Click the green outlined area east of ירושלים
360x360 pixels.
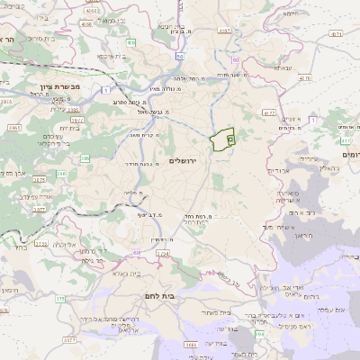(x=222, y=139)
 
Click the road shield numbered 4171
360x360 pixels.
(x=336, y=34)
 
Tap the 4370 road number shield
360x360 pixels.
(x=304, y=78)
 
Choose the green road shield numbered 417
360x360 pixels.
(x=345, y=140)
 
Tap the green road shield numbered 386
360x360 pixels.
(x=85, y=158)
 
